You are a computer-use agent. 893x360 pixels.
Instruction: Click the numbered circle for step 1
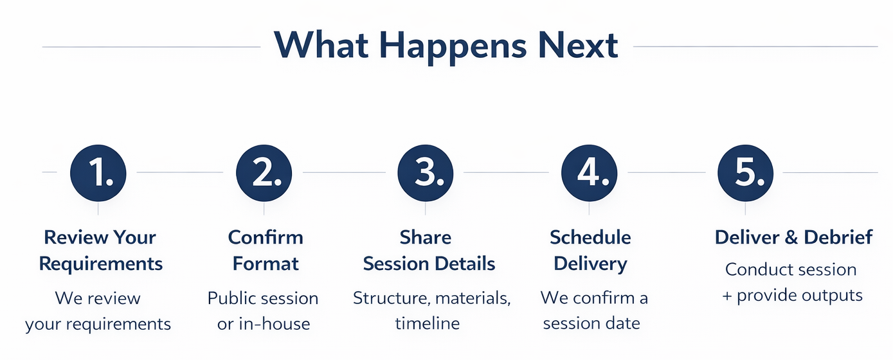[98, 173]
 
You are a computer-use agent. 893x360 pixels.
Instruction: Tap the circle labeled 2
[264, 173]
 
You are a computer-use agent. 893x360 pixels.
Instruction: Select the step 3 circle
[426, 173]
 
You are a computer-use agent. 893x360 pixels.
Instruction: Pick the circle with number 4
[589, 173]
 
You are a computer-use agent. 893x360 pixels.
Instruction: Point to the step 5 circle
[746, 173]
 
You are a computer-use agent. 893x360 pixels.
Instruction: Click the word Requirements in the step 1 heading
[101, 264]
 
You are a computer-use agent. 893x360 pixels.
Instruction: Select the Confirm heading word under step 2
[266, 237]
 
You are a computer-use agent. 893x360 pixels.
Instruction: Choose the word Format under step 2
[266, 264]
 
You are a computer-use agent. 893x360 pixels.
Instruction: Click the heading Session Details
[429, 264]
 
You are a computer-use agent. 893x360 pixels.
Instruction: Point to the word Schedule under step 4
[590, 237]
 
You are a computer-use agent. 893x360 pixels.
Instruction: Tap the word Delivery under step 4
[590, 264]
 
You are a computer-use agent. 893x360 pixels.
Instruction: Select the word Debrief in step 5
[838, 237]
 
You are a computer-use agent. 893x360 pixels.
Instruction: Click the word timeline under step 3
[428, 323]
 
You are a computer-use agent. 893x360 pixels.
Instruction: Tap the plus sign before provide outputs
[726, 296]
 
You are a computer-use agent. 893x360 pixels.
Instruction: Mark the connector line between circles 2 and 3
[344, 173]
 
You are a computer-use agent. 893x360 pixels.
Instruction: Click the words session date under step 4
[591, 323]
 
